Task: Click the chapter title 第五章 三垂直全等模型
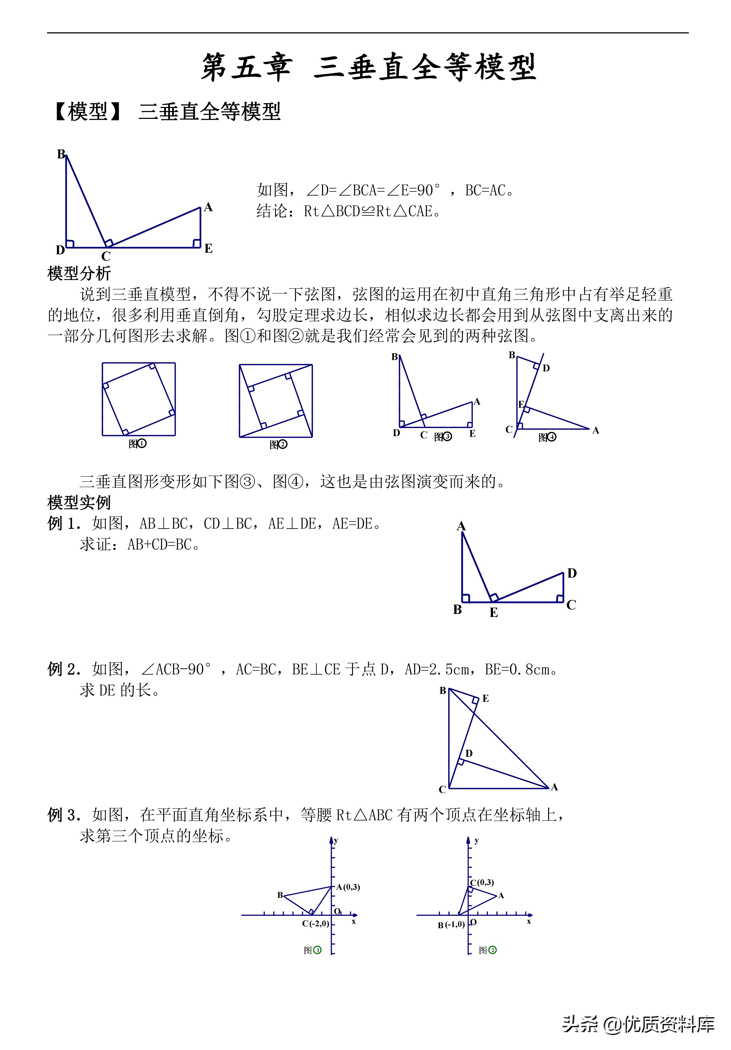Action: point(368,67)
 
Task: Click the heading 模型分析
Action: point(79,273)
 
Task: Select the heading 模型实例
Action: point(79,503)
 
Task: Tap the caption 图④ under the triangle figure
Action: point(547,437)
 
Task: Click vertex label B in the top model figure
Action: point(61,154)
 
